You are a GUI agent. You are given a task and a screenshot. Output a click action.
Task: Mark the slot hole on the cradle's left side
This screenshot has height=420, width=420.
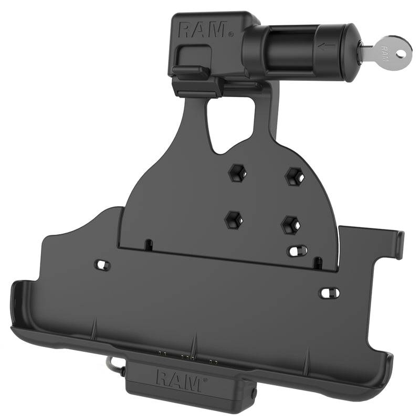(x=100, y=263)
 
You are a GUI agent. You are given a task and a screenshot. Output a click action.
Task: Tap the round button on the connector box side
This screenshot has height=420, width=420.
(x=254, y=391)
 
